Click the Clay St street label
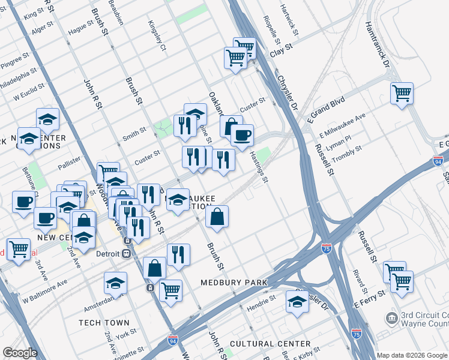pyautogui.click(x=280, y=49)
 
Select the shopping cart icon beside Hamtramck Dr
pyautogui.click(x=402, y=94)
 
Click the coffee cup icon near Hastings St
pyautogui.click(x=242, y=136)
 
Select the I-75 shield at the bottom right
pyautogui.click(x=357, y=332)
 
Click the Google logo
pyautogui.click(x=20, y=353)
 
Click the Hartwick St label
pyautogui.click(x=288, y=16)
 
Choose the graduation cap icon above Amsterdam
pyautogui.click(x=115, y=283)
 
